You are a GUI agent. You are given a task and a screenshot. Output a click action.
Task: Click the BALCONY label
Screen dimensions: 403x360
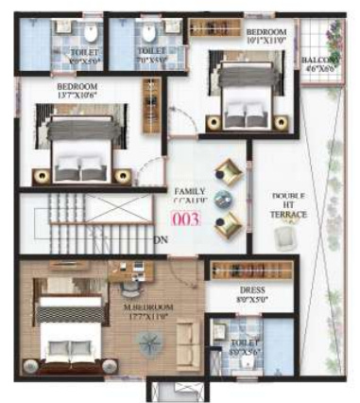tap(317, 59)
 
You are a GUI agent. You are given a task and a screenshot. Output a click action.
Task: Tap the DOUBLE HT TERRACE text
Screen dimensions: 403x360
tap(285, 206)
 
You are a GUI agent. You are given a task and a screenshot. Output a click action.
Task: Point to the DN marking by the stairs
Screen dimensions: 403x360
tap(163, 240)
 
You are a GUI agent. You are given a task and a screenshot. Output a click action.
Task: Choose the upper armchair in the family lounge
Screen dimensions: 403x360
tap(228, 172)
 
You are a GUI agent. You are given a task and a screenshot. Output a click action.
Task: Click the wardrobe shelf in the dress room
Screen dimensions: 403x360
tap(249, 269)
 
